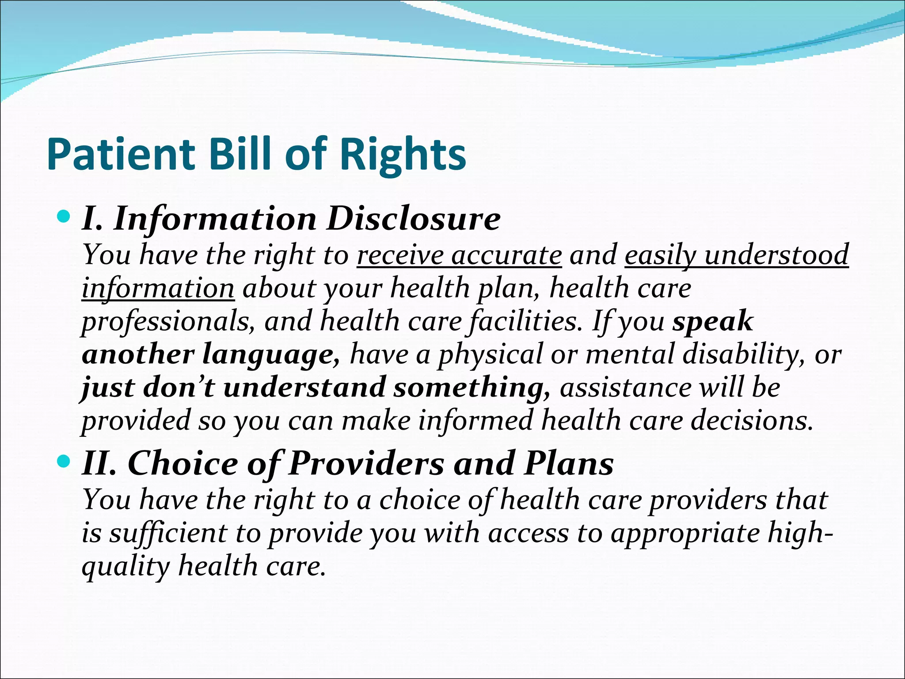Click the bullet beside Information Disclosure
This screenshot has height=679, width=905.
click(64, 217)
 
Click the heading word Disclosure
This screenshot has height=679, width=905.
click(413, 218)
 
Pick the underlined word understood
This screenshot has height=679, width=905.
click(776, 255)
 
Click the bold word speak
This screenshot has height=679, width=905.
click(712, 322)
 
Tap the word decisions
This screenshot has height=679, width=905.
click(752, 420)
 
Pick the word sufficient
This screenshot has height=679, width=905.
click(168, 533)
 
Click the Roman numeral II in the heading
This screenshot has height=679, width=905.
click(98, 464)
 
